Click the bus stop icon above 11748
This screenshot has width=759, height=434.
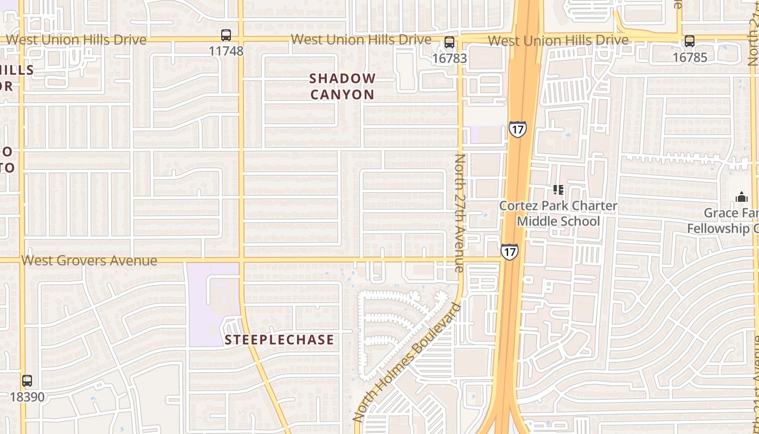[226, 36]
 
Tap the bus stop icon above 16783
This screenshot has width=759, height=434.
[449, 42]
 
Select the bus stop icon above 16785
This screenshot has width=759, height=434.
[690, 41]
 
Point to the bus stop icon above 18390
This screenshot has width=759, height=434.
[27, 381]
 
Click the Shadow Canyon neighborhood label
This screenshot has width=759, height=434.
[342, 86]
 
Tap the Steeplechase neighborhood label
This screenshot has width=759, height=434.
[279, 340]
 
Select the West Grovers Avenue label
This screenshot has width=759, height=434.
[89, 261]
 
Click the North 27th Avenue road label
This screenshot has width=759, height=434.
[460, 213]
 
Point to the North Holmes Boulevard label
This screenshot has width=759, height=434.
[407, 362]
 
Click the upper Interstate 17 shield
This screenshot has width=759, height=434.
[518, 130]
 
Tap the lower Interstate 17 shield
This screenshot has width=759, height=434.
[509, 252]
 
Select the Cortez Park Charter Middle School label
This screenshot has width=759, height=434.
[558, 214]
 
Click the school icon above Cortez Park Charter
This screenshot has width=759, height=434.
[558, 190]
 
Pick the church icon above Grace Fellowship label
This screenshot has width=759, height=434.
[741, 197]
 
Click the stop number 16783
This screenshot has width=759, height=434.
[449, 58]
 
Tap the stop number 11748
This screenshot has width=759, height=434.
[226, 52]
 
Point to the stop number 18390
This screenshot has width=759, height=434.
[27, 397]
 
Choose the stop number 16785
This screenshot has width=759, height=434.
[690, 57]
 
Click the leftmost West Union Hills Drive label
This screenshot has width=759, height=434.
[76, 40]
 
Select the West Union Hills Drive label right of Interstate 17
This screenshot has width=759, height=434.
[558, 41]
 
